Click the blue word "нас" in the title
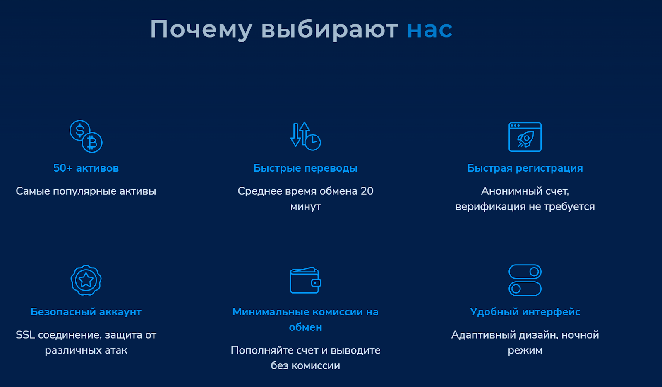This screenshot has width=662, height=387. [430, 29]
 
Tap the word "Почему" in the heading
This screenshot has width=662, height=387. [201, 29]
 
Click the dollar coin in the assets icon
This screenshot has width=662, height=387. [80, 130]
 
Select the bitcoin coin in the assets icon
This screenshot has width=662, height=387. [92, 142]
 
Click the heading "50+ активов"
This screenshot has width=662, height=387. [86, 168]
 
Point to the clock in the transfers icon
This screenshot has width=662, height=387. [313, 143]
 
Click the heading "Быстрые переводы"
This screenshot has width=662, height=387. [305, 168]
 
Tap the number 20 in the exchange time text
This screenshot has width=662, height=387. [367, 191]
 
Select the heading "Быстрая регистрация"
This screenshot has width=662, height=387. [525, 168]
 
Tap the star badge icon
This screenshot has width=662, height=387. [86, 280]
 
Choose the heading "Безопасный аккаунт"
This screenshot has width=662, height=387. [86, 312]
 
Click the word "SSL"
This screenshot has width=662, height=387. [25, 335]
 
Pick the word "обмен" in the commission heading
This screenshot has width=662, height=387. [305, 327]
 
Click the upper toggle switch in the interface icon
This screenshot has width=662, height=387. [525, 272]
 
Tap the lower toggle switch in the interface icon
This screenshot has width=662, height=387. [525, 289]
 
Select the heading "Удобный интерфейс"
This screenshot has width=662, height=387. [525, 312]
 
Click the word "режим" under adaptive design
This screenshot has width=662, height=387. [525, 351]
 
